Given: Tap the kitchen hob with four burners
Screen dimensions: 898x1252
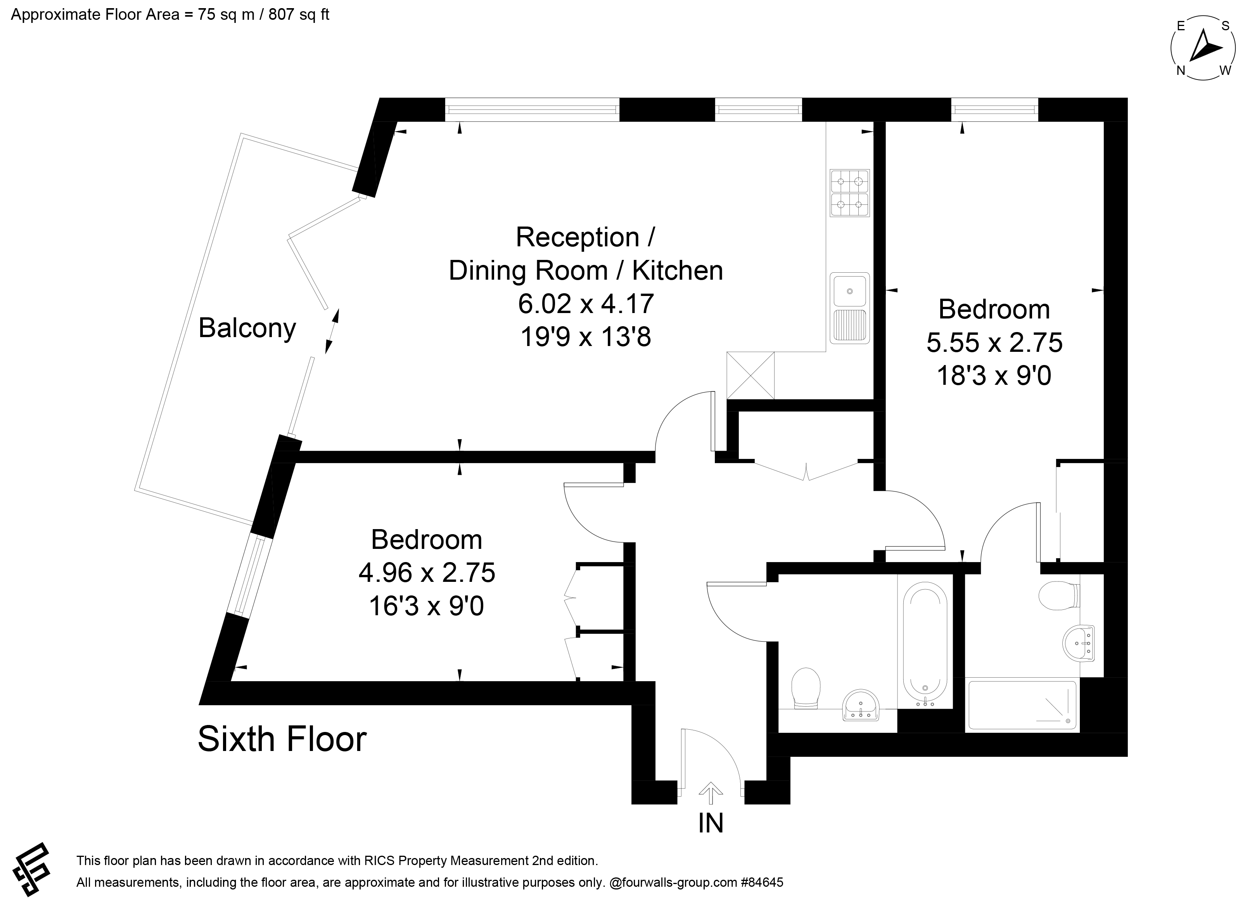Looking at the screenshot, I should (x=849, y=193).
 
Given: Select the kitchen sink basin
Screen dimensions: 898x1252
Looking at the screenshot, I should (x=849, y=290).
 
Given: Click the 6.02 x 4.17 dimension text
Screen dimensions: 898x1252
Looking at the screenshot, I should (x=586, y=304).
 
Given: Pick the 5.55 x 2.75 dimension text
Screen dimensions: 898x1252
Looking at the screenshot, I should (x=994, y=343).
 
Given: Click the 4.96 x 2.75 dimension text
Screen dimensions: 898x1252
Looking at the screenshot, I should (x=427, y=573).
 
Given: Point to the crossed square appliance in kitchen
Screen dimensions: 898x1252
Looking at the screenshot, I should (x=750, y=375).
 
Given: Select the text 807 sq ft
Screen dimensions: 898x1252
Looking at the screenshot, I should (x=299, y=14).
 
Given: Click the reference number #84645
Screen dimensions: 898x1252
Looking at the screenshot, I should (x=763, y=882).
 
